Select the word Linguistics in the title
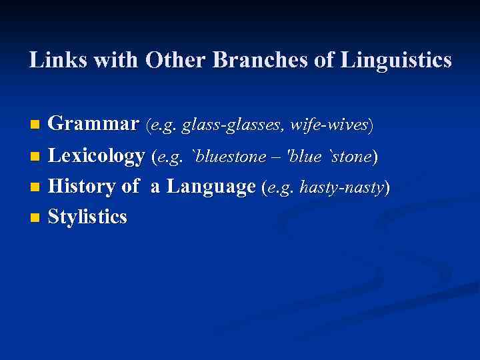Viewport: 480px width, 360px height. coord(396,61)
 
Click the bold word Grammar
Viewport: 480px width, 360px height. coord(94,124)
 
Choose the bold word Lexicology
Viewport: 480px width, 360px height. coord(97,156)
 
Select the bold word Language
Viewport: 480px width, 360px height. coord(211,187)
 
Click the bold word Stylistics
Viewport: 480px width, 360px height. coord(87,217)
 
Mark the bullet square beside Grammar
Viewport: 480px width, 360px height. coord(35,125)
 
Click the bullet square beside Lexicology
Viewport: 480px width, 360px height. coord(35,157)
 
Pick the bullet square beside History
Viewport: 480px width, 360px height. coord(35,188)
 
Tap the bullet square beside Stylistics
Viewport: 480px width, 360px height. coord(35,218)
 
